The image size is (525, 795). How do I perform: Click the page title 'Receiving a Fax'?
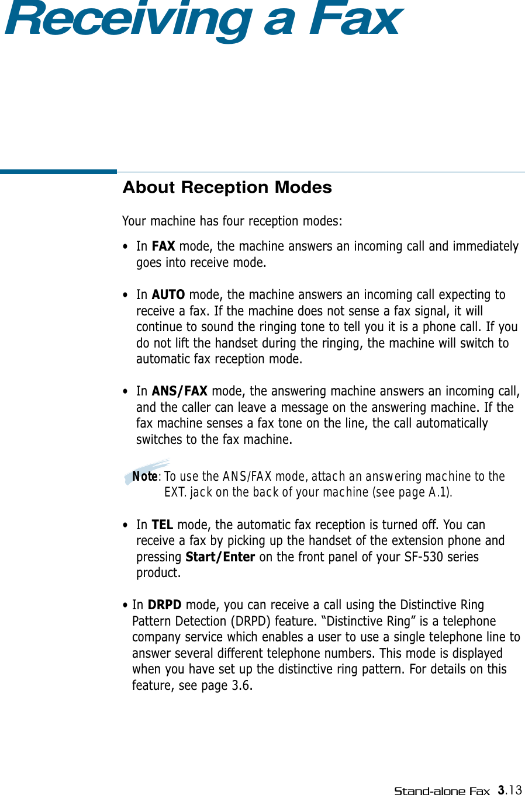203,19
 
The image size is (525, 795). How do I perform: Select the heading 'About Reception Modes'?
227,188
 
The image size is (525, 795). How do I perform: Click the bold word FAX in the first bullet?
163,247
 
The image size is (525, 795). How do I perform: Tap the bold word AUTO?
168,295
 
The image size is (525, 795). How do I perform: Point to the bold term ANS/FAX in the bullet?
179,391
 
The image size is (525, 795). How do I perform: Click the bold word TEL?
162,525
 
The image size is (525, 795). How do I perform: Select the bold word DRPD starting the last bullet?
164,605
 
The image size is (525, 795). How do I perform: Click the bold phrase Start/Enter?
220,557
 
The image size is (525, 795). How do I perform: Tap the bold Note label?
144,477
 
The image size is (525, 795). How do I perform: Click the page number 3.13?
510,790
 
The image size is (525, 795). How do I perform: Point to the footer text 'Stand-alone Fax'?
441,791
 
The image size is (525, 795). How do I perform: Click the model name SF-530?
424,557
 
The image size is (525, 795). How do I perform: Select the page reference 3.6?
241,686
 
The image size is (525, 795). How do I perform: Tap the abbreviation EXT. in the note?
175,492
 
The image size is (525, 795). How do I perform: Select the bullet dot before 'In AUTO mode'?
126,296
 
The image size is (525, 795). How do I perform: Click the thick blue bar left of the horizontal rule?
58,172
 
